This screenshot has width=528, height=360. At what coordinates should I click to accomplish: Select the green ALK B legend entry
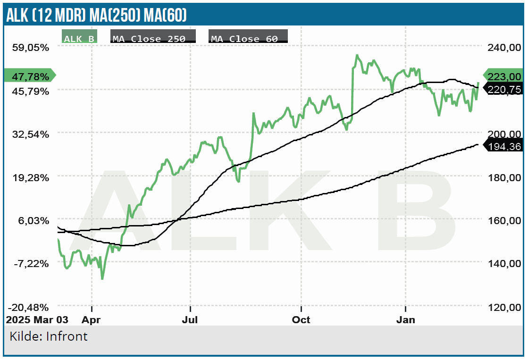click(79, 38)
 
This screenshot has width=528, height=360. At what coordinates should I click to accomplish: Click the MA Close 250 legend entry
click(153, 38)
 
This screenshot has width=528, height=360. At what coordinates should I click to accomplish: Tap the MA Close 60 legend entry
click(248, 38)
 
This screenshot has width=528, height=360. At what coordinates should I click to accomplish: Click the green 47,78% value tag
click(29, 76)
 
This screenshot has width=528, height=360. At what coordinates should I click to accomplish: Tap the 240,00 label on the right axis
click(504, 48)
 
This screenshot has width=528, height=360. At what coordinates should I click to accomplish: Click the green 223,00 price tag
click(504, 76)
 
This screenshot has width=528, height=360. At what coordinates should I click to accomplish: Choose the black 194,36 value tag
click(504, 147)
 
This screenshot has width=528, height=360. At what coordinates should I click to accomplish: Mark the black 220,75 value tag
click(504, 90)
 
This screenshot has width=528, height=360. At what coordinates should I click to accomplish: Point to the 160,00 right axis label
click(504, 220)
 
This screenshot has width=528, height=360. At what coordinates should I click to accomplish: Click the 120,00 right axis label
click(504, 307)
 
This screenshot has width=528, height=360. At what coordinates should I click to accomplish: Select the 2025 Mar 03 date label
click(37, 320)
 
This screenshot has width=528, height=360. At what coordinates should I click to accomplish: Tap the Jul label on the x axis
click(190, 320)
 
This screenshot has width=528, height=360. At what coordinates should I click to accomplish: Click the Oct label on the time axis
click(301, 320)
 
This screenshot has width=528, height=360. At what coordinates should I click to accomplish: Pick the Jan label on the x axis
click(405, 320)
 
